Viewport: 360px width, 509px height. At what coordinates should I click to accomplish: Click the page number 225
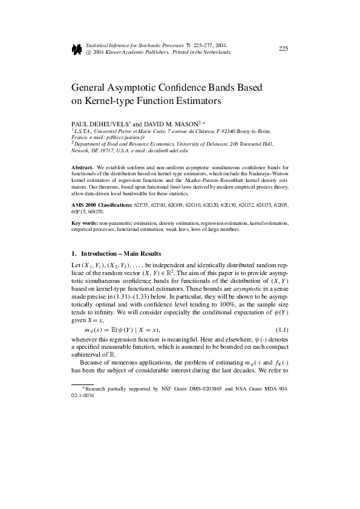(283, 49)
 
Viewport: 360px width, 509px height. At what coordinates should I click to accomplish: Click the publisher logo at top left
(77, 50)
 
